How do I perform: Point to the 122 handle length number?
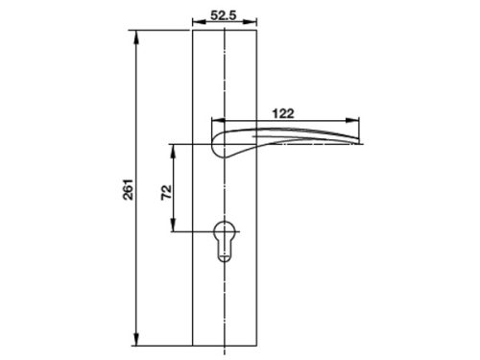[283, 111]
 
